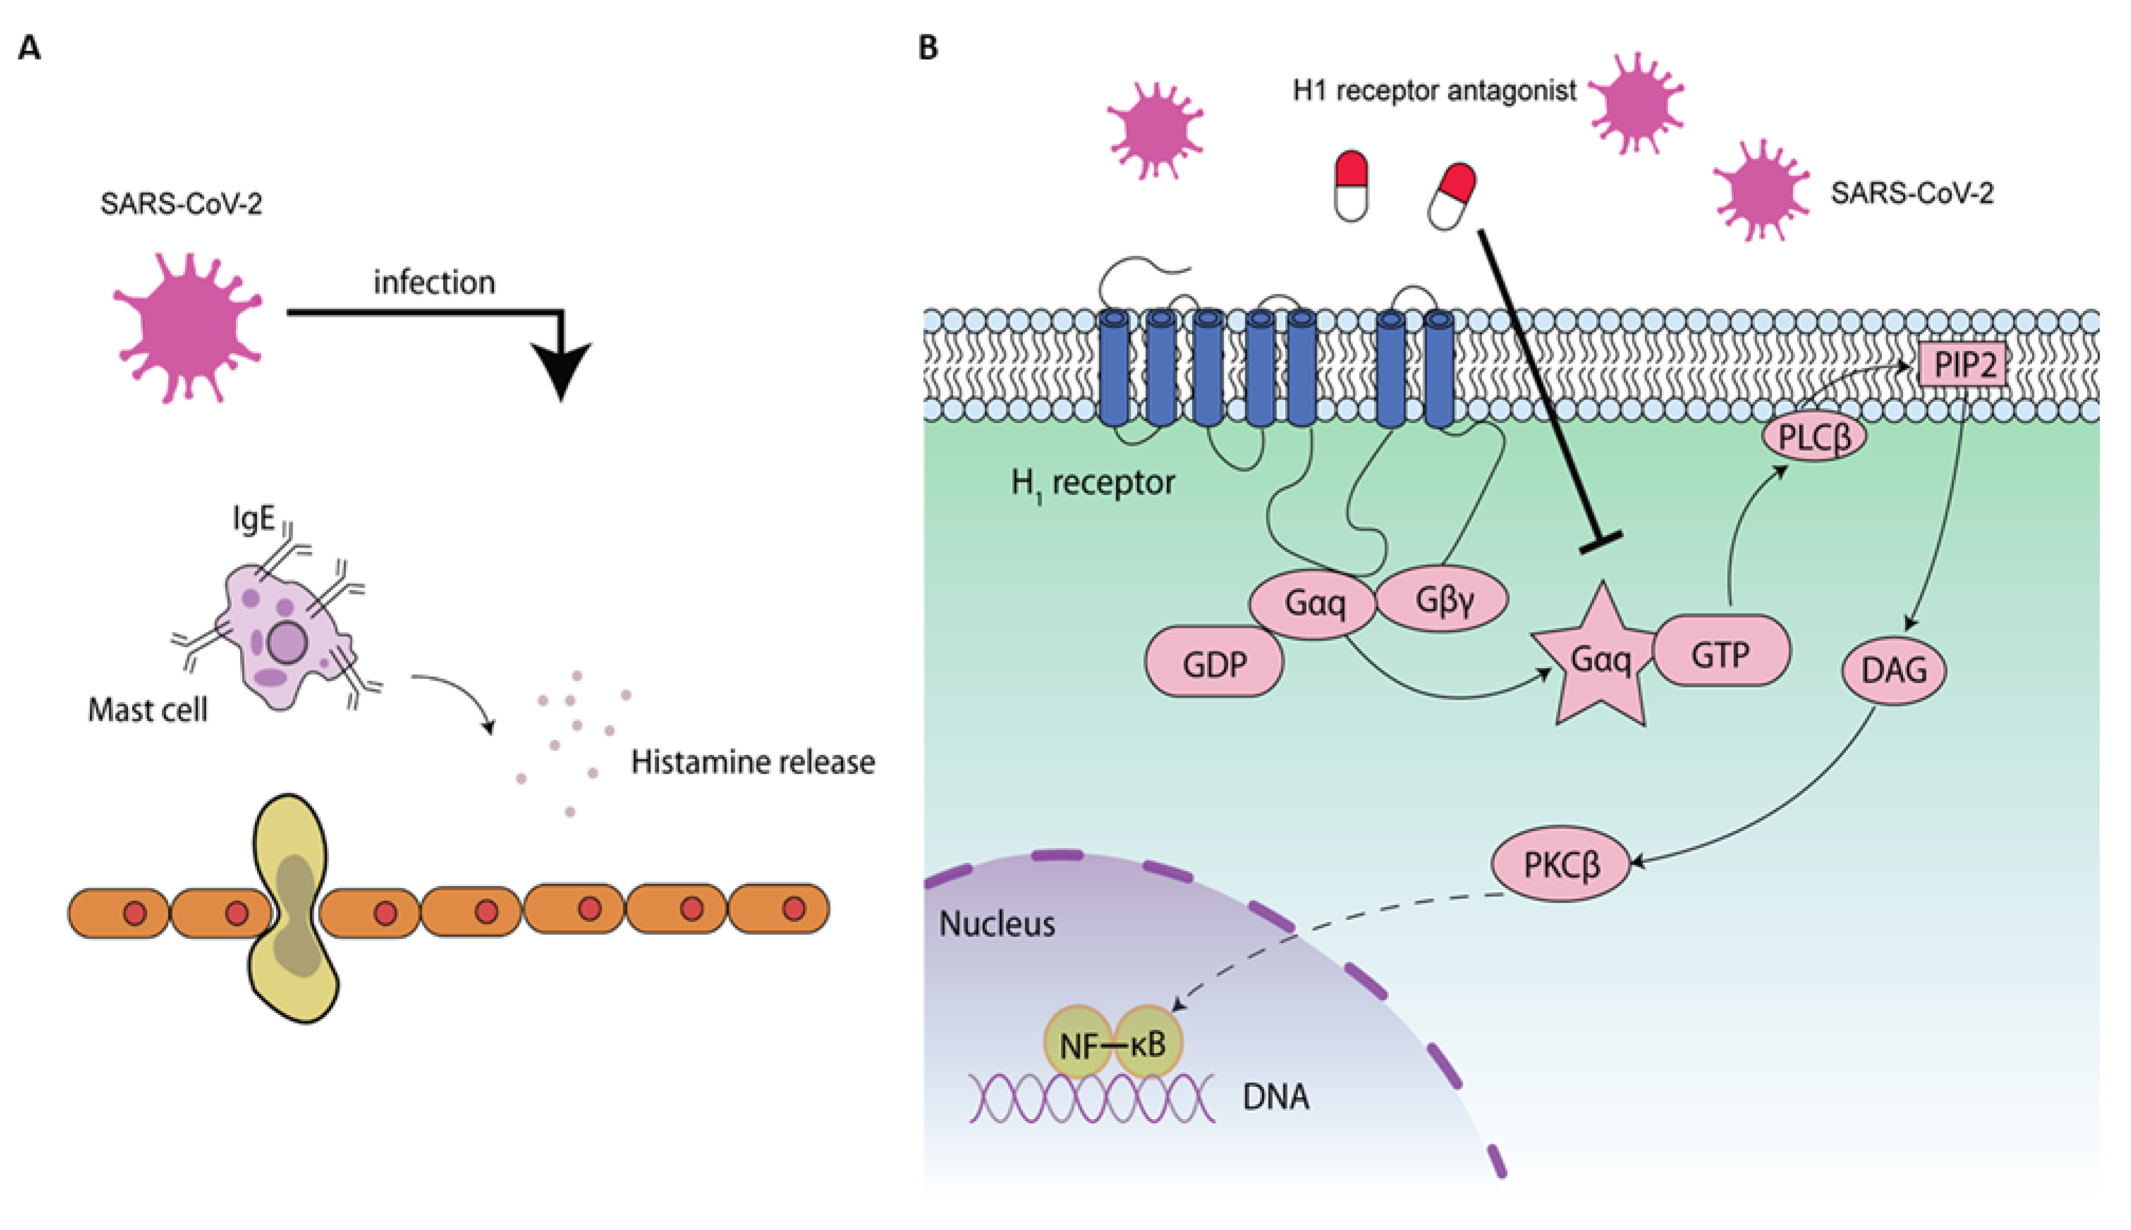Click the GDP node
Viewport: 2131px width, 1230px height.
click(x=1214, y=663)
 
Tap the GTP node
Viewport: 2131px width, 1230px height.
click(x=1720, y=651)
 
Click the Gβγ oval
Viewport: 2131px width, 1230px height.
click(x=1442, y=599)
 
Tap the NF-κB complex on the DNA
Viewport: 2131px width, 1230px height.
click(x=1113, y=1044)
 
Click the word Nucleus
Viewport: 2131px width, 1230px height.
click(x=997, y=924)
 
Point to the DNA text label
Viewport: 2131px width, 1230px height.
click(x=1275, y=1096)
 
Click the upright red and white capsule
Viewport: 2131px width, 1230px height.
click(x=1351, y=187)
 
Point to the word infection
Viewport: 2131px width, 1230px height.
click(x=434, y=282)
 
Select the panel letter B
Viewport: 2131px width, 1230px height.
click(x=927, y=48)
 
